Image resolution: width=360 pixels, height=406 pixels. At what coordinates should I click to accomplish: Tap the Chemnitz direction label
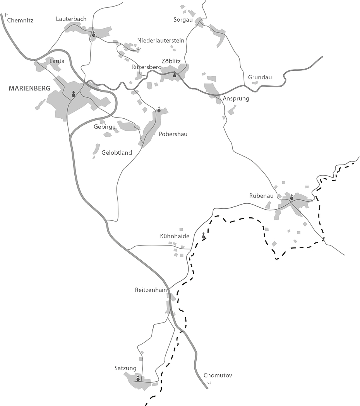coord(20,20)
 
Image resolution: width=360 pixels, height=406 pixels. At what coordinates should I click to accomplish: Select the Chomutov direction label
coord(218,375)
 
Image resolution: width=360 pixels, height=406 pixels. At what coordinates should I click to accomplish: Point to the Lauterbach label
coord(71,19)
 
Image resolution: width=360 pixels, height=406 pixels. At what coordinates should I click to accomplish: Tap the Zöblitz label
coord(171,61)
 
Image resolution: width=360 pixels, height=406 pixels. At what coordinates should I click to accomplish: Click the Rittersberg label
coord(146,67)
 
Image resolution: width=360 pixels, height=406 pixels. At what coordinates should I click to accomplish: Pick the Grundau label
coord(260,77)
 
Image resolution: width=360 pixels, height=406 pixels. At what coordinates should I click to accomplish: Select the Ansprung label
coord(236,99)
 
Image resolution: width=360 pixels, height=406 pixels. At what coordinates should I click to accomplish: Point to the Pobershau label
coord(173,134)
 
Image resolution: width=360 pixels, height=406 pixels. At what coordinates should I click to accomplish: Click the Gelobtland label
coord(117,152)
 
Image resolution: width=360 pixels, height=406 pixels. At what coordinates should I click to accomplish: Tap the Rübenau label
coord(261,196)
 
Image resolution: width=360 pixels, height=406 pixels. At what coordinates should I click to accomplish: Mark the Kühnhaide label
coord(175,236)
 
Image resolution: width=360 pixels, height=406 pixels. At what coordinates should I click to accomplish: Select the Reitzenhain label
coord(151,290)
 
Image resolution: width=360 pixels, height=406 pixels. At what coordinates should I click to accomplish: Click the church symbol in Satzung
coord(138,379)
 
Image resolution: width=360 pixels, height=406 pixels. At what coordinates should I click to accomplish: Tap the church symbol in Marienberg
coord(73,95)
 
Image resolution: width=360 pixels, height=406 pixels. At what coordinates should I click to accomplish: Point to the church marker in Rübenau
coord(291,198)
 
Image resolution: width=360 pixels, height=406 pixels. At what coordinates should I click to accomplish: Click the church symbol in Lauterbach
coord(93,35)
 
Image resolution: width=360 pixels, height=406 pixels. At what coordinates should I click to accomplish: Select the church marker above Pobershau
coord(159,110)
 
